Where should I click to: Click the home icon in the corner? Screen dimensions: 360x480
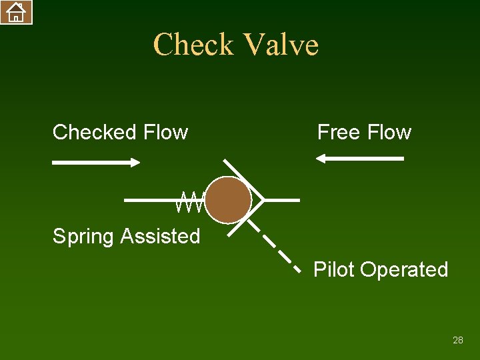[x=16, y=12]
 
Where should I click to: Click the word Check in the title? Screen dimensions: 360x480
[x=193, y=45]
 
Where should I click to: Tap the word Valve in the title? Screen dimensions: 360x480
[x=281, y=45]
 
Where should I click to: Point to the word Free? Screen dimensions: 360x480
[x=339, y=132]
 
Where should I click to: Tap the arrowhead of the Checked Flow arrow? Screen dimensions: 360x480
[x=135, y=162]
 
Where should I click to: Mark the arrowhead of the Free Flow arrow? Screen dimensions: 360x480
[x=321, y=159]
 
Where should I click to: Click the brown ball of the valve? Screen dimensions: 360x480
[x=228, y=200]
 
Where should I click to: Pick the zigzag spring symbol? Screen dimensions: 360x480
[x=191, y=201]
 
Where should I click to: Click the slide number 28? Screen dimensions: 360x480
[x=457, y=340]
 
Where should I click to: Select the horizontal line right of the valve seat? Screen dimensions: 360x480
[x=283, y=199]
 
